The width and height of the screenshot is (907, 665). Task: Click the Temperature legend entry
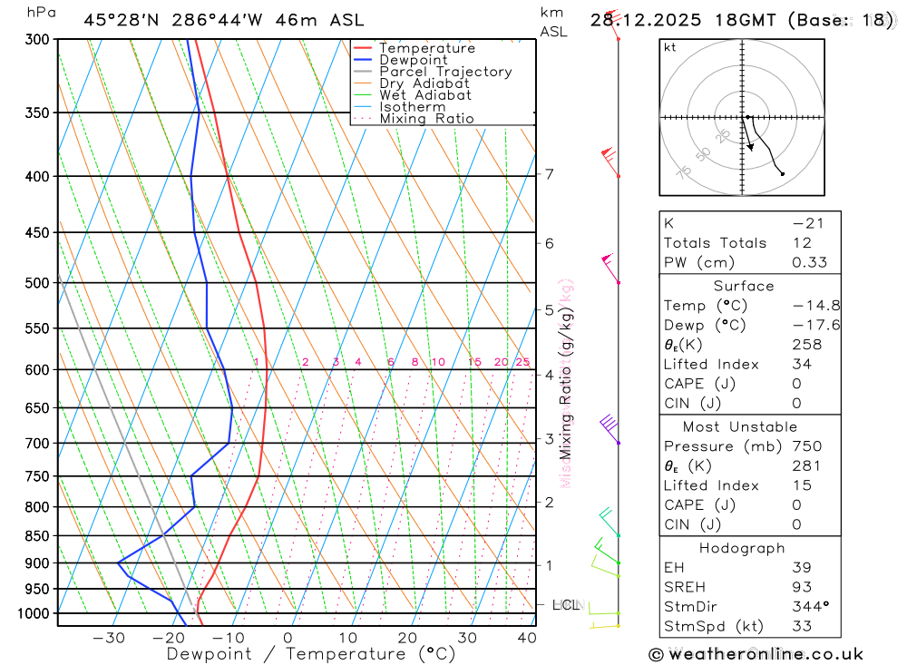[x=426, y=48]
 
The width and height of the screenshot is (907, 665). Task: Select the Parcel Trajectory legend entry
[x=445, y=72]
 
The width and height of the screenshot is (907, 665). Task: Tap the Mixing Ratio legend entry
[x=426, y=118]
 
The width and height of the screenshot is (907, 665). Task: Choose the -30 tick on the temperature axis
[x=109, y=638]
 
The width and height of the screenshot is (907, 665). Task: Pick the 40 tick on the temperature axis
[x=527, y=638]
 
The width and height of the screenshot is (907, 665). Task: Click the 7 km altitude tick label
[x=550, y=174]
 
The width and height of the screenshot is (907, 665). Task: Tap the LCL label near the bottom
[x=566, y=604]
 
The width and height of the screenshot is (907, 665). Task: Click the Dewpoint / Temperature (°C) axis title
[x=311, y=653]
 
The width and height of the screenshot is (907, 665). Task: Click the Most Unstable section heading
[x=740, y=426]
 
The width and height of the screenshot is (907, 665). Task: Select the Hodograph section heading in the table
[x=742, y=548]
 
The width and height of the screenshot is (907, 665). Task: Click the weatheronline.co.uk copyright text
[x=756, y=654]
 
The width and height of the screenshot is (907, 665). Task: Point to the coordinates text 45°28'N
[x=117, y=20]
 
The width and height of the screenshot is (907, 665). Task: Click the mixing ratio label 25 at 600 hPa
[x=522, y=362]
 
